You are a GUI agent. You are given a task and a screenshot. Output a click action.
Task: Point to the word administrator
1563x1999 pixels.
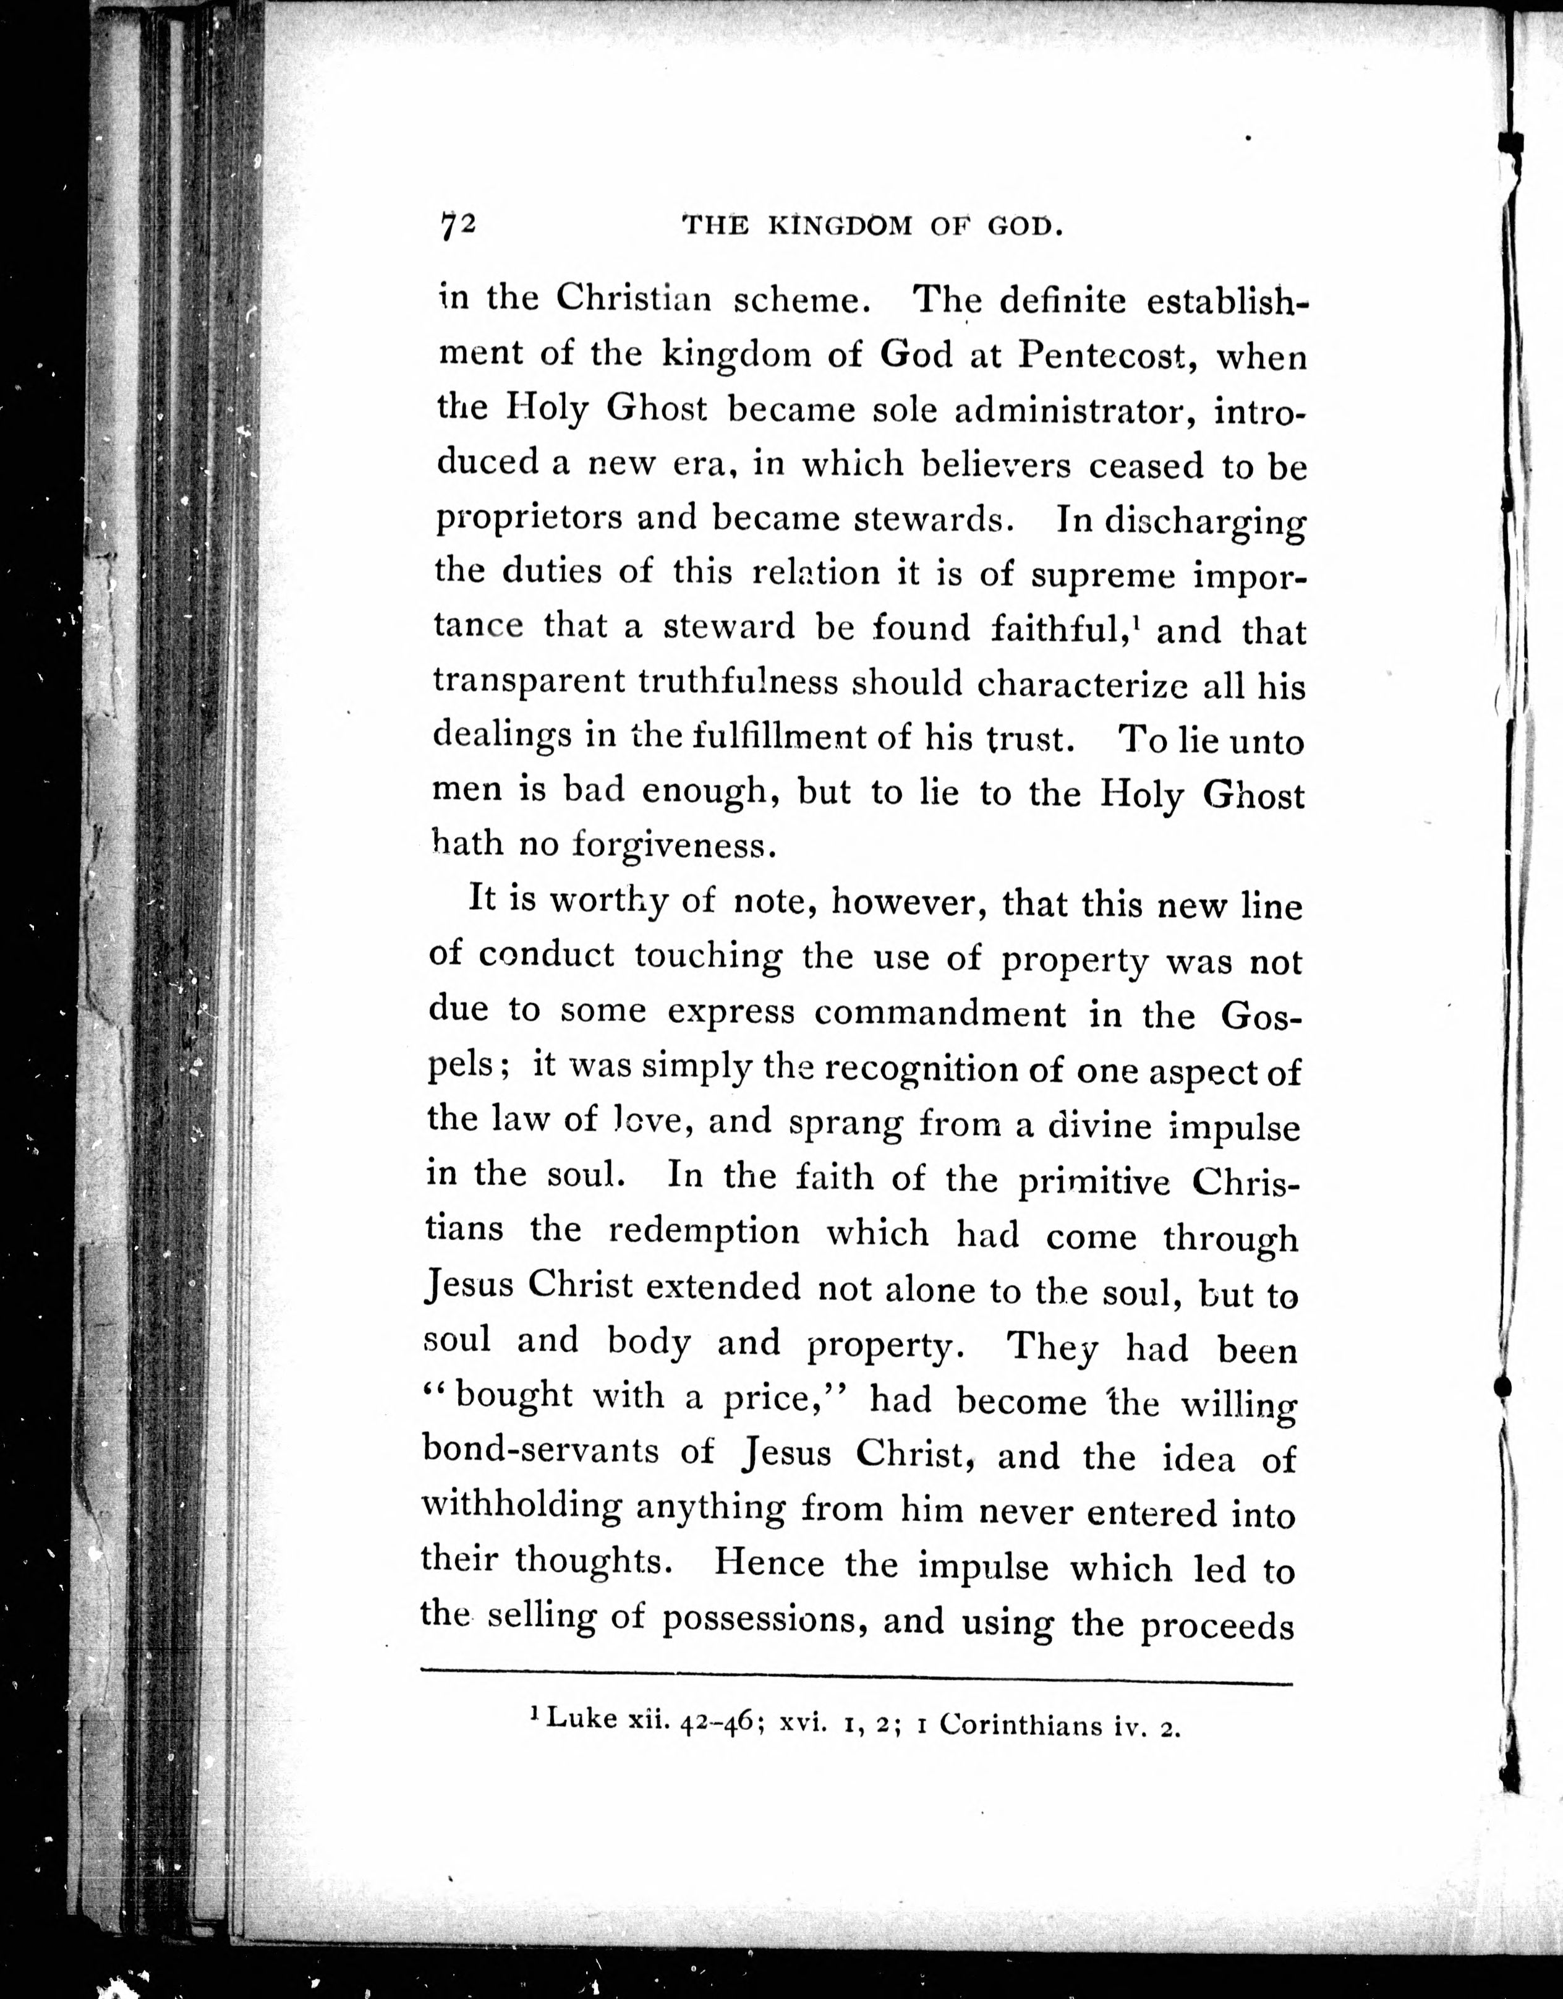[1073, 411]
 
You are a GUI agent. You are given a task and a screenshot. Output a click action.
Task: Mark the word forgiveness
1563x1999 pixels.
[669, 845]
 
